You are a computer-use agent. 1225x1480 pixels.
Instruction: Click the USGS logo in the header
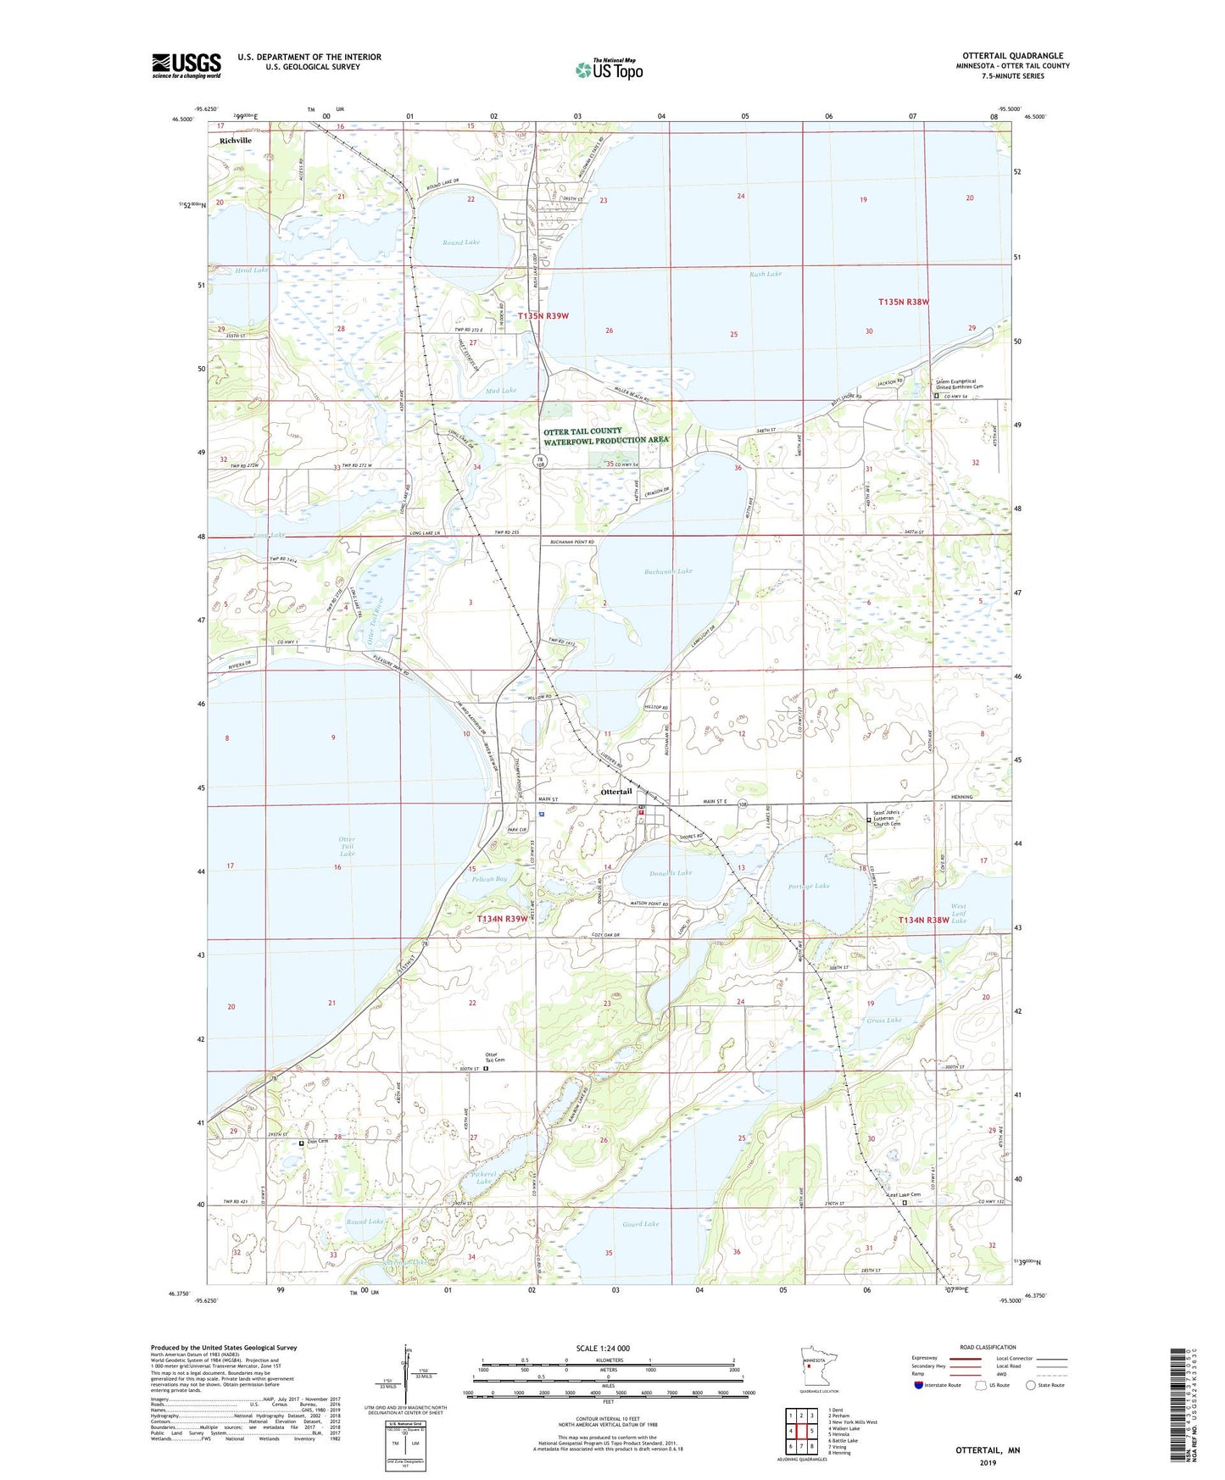(x=187, y=65)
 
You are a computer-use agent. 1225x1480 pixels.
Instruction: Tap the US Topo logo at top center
(x=609, y=69)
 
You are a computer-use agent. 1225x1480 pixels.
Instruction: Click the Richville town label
(x=235, y=141)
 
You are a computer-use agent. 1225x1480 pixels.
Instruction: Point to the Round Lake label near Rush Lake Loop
(x=461, y=242)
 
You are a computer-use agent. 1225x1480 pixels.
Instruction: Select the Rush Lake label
(x=766, y=275)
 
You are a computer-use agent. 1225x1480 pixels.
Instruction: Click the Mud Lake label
(x=501, y=391)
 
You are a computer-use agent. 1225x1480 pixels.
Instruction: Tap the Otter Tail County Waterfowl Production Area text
(x=605, y=436)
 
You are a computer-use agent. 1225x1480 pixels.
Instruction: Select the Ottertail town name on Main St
(x=616, y=792)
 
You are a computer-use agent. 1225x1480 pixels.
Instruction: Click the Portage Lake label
(x=809, y=886)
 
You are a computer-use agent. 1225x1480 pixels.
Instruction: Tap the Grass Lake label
(x=884, y=1020)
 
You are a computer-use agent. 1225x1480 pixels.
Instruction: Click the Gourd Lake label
(x=640, y=1224)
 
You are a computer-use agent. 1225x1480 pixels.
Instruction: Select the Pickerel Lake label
(x=483, y=1177)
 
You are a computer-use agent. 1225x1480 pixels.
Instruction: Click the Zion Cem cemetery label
(x=316, y=1141)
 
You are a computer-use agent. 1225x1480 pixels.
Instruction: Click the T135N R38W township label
(x=904, y=302)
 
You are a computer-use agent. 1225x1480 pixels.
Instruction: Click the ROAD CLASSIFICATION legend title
(x=988, y=1347)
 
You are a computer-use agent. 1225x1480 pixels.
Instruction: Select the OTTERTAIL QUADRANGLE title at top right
(x=1012, y=56)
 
